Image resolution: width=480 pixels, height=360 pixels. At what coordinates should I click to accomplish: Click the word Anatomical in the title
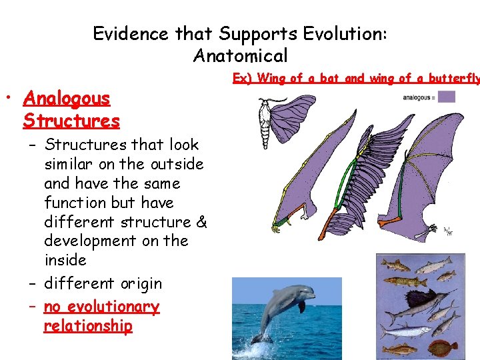(x=240, y=55)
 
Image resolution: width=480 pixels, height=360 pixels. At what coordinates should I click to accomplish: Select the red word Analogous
(x=66, y=99)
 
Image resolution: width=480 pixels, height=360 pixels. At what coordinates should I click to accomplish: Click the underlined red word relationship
(x=87, y=326)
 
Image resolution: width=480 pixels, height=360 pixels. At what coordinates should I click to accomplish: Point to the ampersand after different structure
(x=202, y=221)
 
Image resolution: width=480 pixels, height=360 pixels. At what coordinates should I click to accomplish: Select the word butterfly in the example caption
(x=453, y=79)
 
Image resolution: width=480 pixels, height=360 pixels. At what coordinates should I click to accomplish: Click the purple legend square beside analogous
(x=446, y=97)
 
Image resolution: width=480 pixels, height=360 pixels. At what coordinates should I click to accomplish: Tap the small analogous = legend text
(x=419, y=97)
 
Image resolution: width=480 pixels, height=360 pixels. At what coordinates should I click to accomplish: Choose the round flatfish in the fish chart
(x=443, y=347)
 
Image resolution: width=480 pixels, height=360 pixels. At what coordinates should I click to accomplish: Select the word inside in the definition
(x=65, y=260)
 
